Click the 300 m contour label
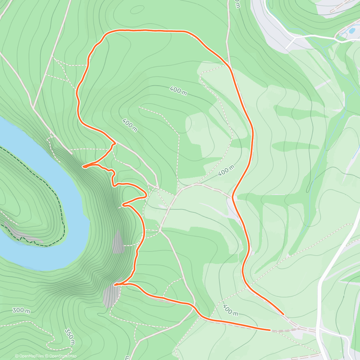point(21,310)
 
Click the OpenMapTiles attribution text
point(29,356)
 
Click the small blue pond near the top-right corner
point(352,31)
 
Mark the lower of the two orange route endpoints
point(270,330)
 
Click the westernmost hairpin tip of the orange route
point(83,166)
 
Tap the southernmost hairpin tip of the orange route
point(115,285)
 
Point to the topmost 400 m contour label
point(178,90)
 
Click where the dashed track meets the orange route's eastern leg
point(233,197)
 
